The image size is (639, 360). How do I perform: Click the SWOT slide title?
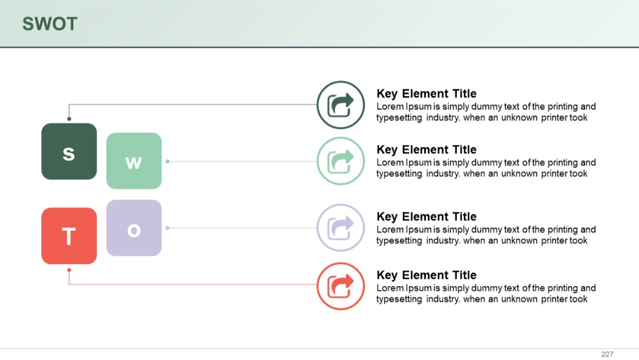50,24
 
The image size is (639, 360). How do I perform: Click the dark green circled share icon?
341,105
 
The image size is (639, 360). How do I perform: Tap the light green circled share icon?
341,161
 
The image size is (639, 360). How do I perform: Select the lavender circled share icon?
341,228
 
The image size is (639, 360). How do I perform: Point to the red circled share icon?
341,286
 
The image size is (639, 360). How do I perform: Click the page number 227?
607,354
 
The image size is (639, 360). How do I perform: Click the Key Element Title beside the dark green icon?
426,94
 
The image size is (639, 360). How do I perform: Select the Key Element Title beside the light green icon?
426,150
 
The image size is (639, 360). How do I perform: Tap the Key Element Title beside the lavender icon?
426,217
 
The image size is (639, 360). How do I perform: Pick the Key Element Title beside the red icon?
426,275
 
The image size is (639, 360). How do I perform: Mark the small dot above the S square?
69,119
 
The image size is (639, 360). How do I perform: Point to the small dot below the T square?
69,270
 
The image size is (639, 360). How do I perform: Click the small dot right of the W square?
167,161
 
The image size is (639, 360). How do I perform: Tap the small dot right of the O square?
167,228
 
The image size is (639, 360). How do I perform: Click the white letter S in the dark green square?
69,154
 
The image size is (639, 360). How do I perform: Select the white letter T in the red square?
69,236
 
